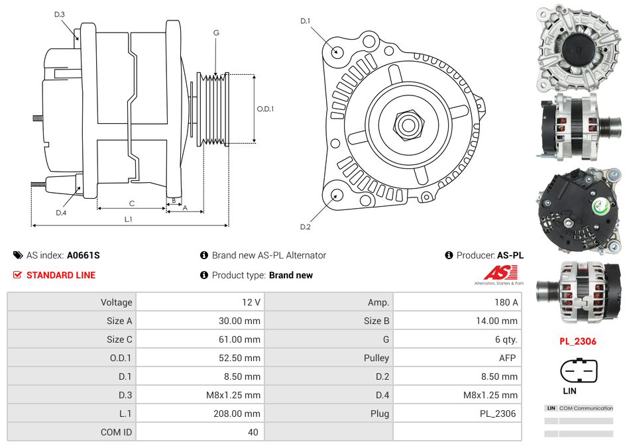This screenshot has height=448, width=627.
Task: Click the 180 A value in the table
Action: [x=506, y=302]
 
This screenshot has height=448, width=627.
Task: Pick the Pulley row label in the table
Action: [x=376, y=358]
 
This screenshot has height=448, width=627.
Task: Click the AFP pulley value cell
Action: [x=508, y=358]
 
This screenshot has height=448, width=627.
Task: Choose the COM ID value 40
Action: [x=253, y=432]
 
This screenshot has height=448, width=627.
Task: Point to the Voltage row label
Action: [x=116, y=302]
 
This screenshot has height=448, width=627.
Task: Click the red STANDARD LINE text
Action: [x=61, y=275]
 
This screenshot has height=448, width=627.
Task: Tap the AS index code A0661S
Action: [x=84, y=255]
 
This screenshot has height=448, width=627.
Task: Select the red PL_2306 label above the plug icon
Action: [x=578, y=342]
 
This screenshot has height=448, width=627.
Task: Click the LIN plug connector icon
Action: [x=579, y=371]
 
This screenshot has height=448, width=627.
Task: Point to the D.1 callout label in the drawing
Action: [x=306, y=21]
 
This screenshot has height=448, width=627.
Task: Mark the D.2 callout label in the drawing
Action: [x=306, y=227]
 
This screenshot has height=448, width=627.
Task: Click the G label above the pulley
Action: [x=216, y=32]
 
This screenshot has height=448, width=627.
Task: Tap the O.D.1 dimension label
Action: [x=265, y=109]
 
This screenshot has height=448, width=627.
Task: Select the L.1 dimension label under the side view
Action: [x=129, y=219]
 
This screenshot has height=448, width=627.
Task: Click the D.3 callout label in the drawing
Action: [x=60, y=15]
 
